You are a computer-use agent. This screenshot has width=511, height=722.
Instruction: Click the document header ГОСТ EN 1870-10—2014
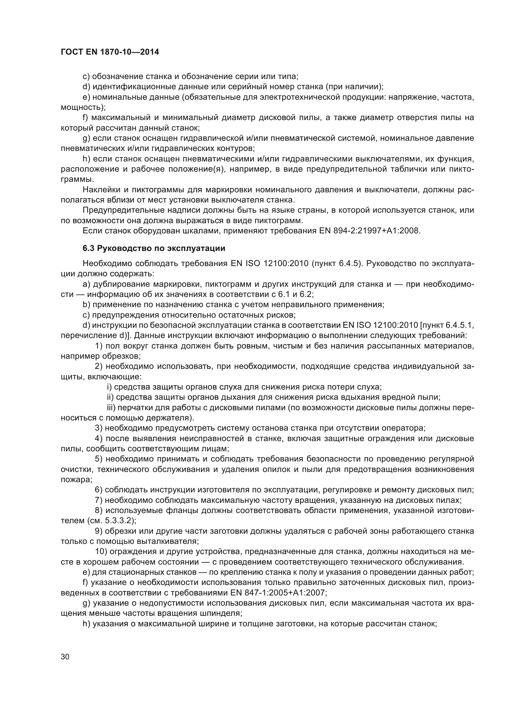[110, 52]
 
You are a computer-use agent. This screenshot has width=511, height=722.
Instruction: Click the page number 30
[65, 657]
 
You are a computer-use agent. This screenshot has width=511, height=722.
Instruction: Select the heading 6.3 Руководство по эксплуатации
[154, 248]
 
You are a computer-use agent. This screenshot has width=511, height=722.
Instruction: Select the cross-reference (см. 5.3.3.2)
[110, 520]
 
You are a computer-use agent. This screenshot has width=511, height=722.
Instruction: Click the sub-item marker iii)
[112, 408]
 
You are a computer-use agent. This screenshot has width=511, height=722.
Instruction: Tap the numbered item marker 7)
[99, 500]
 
